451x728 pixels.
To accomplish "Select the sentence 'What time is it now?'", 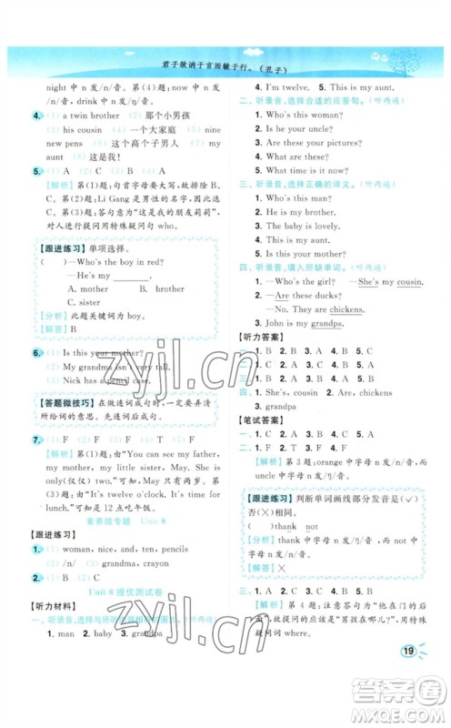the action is click(309, 171).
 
